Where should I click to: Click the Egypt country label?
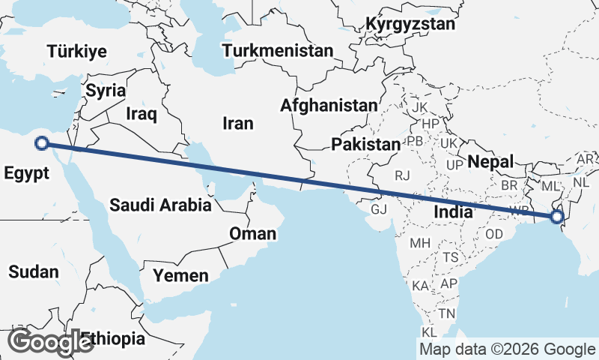[26, 173]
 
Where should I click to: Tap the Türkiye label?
[76, 52]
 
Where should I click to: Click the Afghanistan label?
[329, 106]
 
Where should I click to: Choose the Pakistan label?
[366, 144]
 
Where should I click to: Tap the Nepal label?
[490, 161]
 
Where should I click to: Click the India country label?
[453, 212]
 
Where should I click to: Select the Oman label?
[252, 234]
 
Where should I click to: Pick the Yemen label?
[180, 276]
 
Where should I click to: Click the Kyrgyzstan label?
[410, 24]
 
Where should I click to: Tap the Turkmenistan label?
[278, 51]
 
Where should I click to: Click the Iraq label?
[141, 114]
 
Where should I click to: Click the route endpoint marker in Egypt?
[43, 143]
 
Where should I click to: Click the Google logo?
[49, 341]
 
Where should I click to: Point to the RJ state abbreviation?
[403, 176]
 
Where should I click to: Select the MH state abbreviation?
[419, 243]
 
